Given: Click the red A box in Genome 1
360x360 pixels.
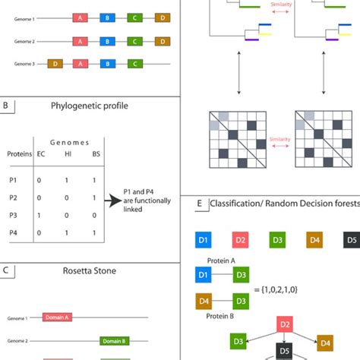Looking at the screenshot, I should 80,17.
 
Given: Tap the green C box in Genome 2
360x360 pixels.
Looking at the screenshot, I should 134,41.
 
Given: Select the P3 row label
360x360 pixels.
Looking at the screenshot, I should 11,216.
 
